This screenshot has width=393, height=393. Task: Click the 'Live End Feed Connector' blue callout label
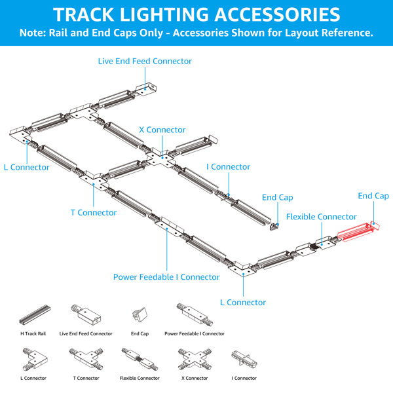point(145,61)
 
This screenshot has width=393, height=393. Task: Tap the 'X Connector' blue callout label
point(162,130)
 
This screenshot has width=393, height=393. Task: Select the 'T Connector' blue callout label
point(94,212)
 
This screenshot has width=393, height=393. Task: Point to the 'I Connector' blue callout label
point(228,166)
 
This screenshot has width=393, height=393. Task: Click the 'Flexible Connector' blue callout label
point(322,217)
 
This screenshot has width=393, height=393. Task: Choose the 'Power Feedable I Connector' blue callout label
point(166,277)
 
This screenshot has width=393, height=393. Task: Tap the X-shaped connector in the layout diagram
point(162,159)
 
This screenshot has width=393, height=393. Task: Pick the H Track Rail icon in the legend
point(35,314)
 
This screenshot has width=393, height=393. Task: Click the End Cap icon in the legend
point(140,315)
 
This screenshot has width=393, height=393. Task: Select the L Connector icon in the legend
point(35,360)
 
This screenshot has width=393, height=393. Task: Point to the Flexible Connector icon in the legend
point(140,359)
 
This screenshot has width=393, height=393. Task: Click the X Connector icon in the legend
point(195,360)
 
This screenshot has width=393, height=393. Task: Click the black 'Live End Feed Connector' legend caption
point(86,333)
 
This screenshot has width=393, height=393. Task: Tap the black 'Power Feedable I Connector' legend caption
point(195,333)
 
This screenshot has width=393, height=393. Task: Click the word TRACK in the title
point(84,14)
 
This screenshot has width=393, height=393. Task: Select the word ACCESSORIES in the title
point(277,14)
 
